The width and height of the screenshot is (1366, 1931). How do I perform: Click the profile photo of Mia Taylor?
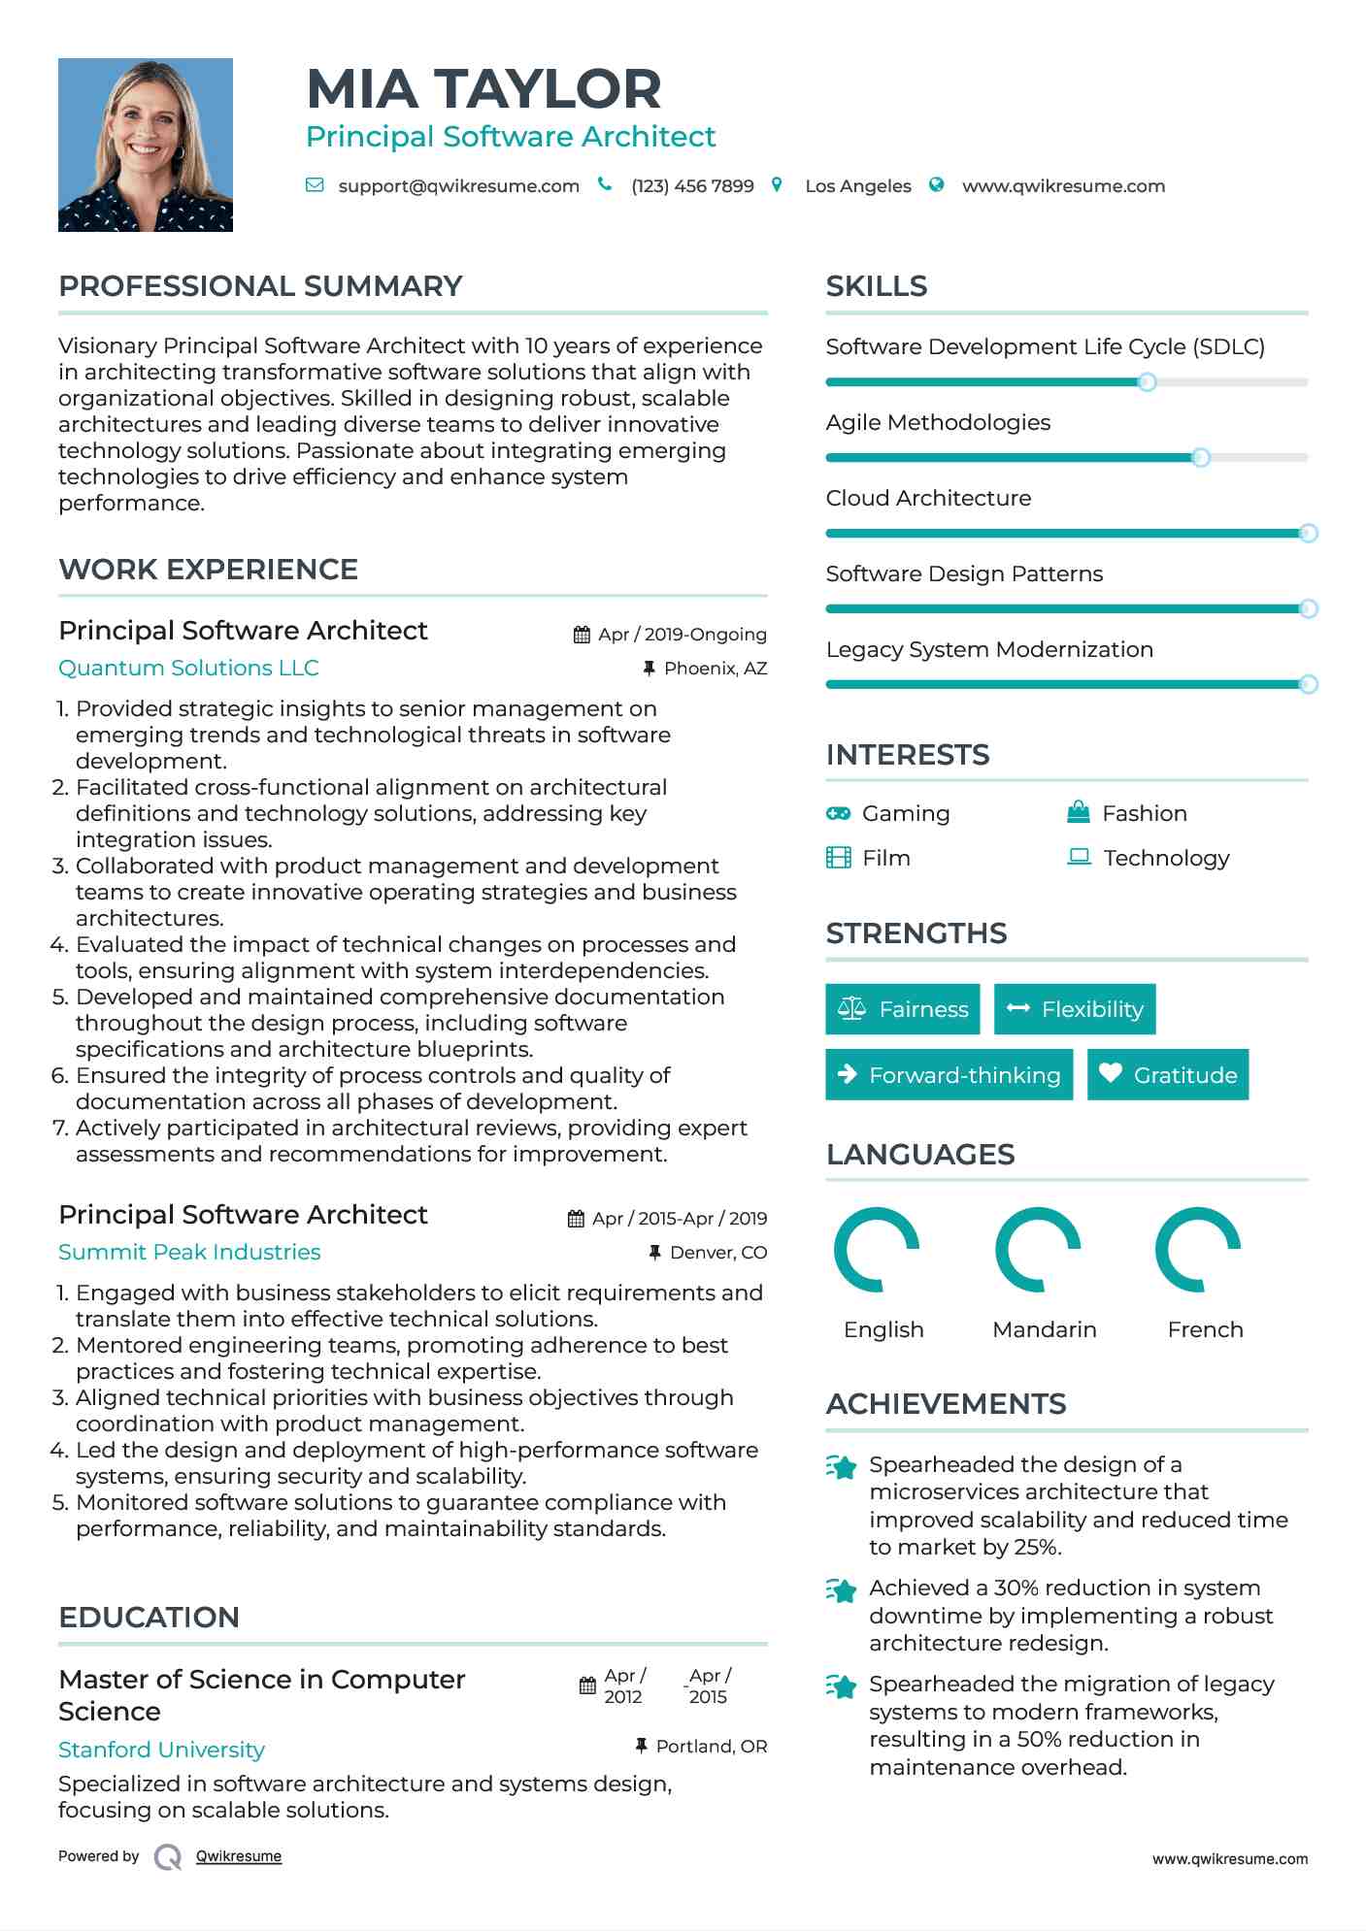(x=146, y=145)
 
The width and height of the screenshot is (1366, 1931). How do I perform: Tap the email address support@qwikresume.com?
(x=458, y=186)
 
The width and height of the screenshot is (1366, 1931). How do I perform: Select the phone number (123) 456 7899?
(x=692, y=186)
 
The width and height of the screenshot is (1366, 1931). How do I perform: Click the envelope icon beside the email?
(x=315, y=185)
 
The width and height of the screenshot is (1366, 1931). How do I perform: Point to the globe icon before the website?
(x=937, y=185)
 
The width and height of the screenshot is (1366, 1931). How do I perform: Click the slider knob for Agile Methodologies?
(x=1201, y=457)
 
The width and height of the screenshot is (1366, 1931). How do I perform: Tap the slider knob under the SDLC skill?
(x=1147, y=382)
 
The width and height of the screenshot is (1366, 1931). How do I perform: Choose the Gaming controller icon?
(x=838, y=813)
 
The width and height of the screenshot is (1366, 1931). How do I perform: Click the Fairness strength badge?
(x=903, y=1009)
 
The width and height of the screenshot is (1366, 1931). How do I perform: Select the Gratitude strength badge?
(x=1168, y=1075)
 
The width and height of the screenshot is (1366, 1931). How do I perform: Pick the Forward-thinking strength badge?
(x=949, y=1075)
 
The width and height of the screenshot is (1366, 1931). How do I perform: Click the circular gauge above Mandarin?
(x=1038, y=1250)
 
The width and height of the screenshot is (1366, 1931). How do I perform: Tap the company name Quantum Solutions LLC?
(x=188, y=669)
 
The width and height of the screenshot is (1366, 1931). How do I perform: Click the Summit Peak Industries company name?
(x=189, y=1253)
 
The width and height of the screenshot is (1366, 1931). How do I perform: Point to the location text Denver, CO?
(x=718, y=1253)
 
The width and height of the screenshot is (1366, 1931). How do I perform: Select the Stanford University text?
(x=161, y=1750)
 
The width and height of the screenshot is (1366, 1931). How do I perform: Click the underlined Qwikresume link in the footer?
(x=239, y=1856)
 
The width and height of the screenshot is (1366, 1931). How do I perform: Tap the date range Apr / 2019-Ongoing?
(x=682, y=635)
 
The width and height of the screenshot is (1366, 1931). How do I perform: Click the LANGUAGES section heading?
(x=920, y=1155)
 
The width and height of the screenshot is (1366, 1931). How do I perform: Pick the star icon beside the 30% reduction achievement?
(x=842, y=1590)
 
